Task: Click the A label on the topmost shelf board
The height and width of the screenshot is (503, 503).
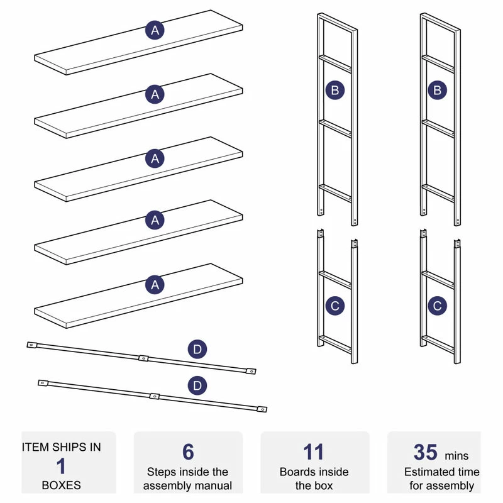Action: [155, 30]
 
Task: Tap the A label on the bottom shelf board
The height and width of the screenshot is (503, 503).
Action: [155, 285]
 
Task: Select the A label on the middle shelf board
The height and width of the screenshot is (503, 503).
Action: [155, 158]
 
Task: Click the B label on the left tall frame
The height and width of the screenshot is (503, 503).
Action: [335, 90]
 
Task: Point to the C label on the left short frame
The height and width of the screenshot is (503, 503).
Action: [335, 306]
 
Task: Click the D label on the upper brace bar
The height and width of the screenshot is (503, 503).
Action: [197, 349]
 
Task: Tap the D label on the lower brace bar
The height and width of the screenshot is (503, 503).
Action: [197, 385]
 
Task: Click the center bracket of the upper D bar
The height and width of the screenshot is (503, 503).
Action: [143, 358]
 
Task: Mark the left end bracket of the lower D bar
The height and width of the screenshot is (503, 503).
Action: [43, 382]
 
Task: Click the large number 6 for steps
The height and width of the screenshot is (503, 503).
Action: [188, 452]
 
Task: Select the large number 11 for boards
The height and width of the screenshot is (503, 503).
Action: [313, 452]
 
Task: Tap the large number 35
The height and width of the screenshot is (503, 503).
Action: [426, 452]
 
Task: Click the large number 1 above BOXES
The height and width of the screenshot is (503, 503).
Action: [62, 467]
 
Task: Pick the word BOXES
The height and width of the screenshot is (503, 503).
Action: [62, 485]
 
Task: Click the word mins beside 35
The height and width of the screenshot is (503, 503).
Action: [457, 456]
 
